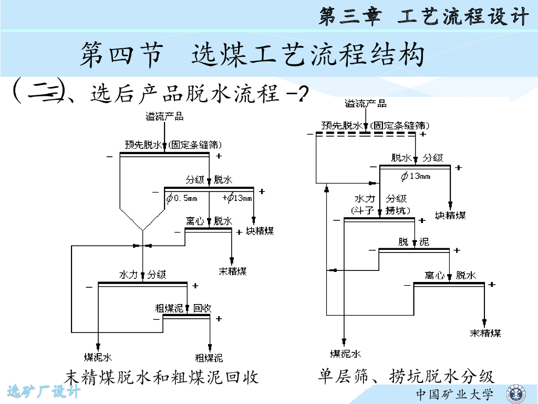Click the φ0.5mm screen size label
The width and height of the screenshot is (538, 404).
(x=182, y=198)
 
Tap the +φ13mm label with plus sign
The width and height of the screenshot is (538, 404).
(x=237, y=198)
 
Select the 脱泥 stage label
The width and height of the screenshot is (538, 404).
(x=413, y=242)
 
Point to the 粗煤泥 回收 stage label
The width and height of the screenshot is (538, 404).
(x=183, y=308)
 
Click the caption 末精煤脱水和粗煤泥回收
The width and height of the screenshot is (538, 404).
(x=161, y=377)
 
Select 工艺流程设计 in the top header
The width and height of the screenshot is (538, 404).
(x=462, y=17)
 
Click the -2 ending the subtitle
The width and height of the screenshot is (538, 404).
(x=296, y=95)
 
